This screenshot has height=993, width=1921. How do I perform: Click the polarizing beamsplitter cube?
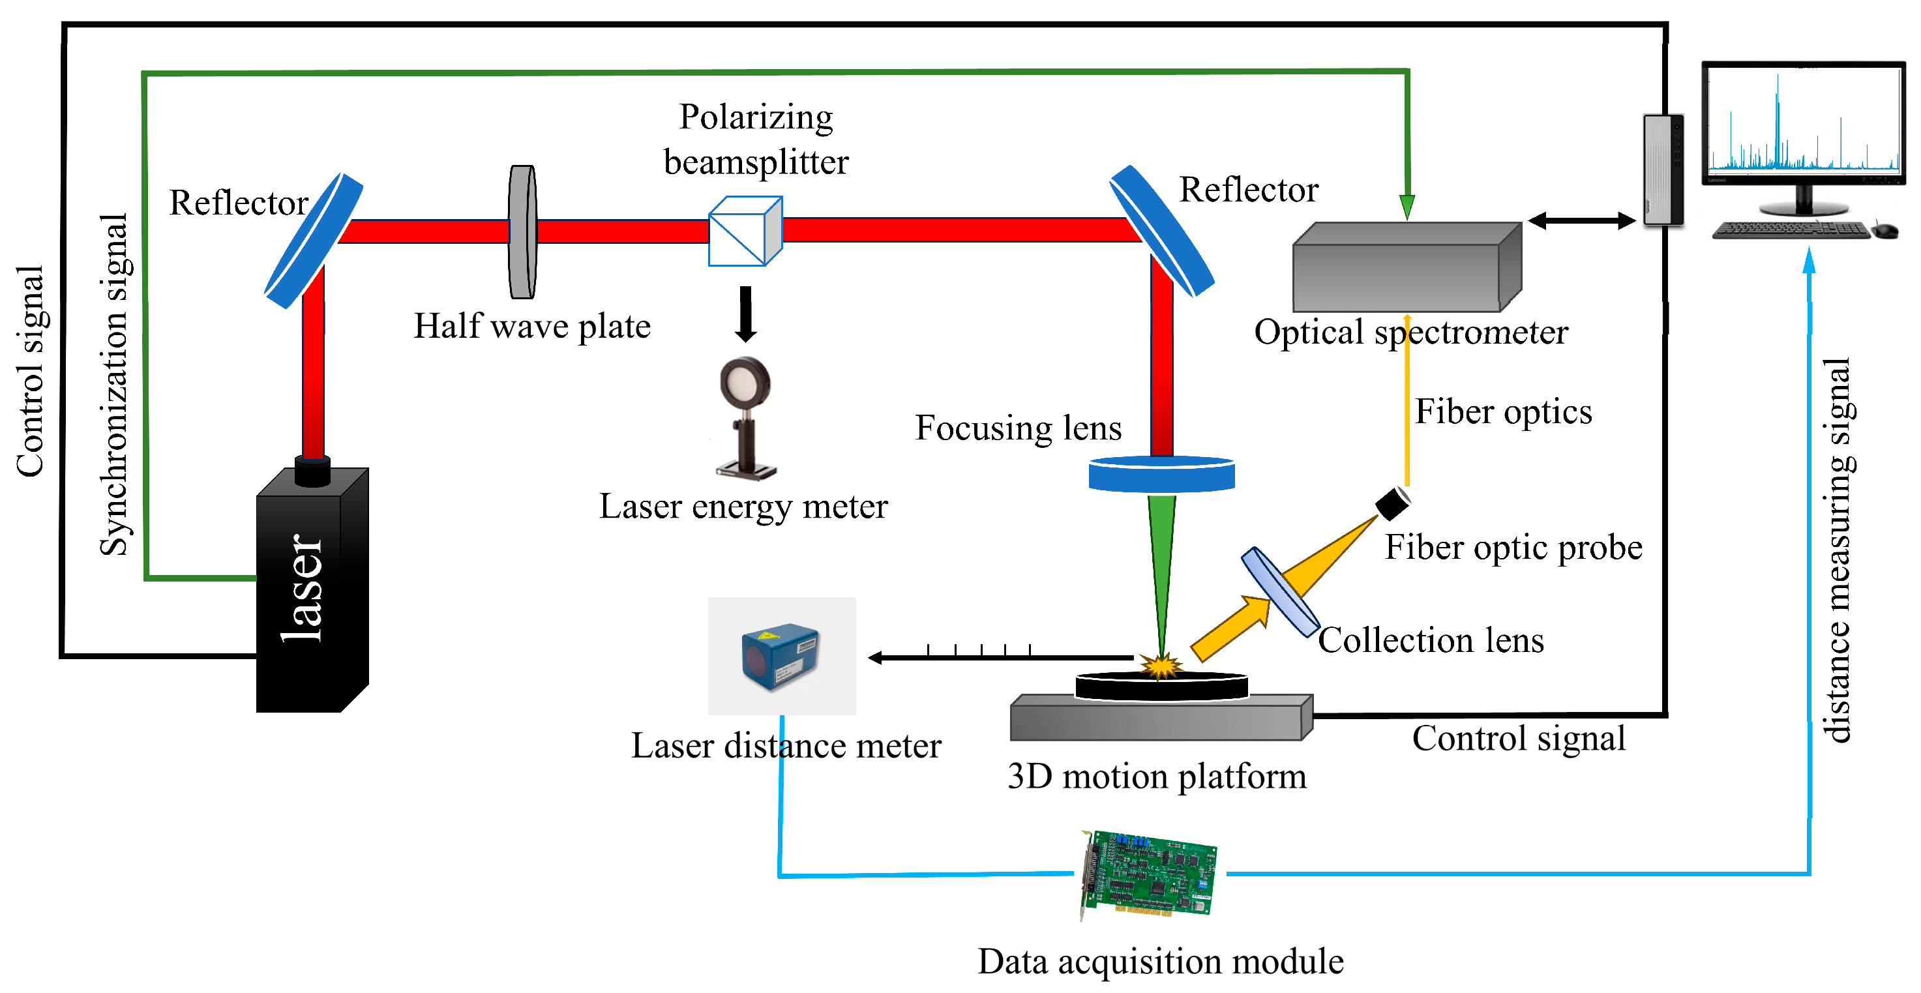[744, 231]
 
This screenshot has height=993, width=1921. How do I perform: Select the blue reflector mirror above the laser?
[314, 240]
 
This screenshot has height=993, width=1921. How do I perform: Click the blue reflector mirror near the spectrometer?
[1161, 230]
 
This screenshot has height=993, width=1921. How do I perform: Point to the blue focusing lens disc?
[1161, 474]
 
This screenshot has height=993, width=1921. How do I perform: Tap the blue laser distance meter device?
[780, 657]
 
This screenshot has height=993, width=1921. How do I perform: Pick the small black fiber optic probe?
[1392, 504]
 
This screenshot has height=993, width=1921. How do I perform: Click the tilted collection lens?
[1279, 592]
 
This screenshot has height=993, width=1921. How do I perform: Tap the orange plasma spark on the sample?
[1161, 665]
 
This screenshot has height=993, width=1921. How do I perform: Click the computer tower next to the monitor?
[1663, 170]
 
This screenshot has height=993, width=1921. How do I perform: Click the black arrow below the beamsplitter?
[745, 314]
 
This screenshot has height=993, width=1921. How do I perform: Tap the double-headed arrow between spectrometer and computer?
[1581, 220]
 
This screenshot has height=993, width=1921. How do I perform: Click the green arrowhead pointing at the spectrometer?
[1407, 207]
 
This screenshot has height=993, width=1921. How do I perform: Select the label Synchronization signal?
[114, 385]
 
